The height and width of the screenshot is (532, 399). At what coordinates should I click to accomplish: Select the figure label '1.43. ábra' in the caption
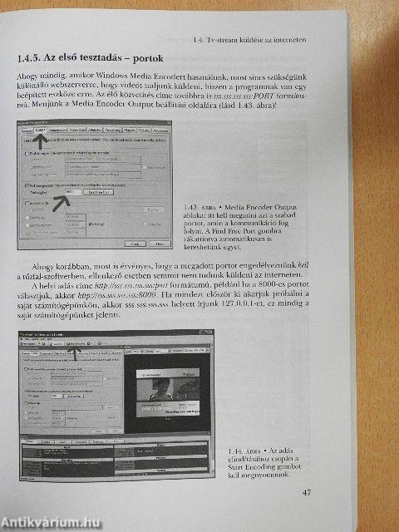click(204, 204)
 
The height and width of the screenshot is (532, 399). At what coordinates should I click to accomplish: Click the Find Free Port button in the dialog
click(101, 192)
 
